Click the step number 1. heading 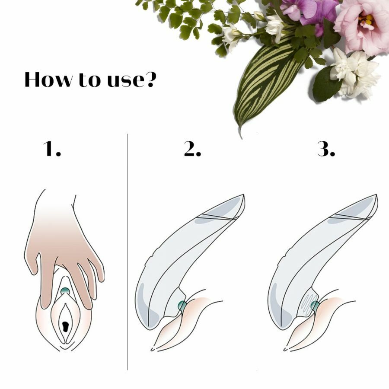(x=52, y=149)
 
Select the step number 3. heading (x=326, y=149)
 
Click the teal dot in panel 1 (x=65, y=291)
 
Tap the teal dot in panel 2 (x=182, y=306)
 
